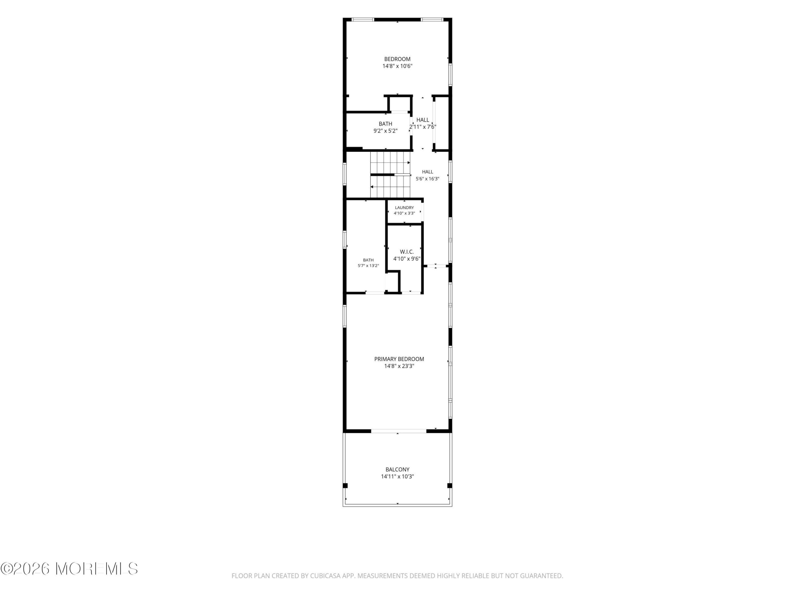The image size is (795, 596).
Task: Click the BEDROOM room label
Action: pos(397,59)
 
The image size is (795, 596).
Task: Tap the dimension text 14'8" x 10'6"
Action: pos(397,66)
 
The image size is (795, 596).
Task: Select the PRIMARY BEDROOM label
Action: pos(399,359)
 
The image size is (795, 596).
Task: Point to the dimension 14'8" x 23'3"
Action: pos(399,366)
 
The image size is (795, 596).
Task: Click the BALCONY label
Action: pos(397,470)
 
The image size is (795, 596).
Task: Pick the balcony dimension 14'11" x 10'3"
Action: pos(397,477)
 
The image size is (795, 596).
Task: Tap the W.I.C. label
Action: pos(407,252)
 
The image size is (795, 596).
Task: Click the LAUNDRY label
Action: pos(404,208)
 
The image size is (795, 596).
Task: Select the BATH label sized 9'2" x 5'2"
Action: pos(385,124)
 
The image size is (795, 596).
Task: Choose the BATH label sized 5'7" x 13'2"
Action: pos(368,260)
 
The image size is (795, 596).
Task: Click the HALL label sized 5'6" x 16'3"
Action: pos(427,172)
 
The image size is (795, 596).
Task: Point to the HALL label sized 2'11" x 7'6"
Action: pos(423,120)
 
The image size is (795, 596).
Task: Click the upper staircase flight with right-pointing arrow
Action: pos(390,162)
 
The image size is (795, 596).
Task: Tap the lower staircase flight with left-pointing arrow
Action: pos(390,187)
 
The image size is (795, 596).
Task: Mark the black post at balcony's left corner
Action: pos(345,486)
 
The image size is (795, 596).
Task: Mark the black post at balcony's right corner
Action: pos(449,486)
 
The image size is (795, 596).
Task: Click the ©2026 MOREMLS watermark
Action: pos(69,569)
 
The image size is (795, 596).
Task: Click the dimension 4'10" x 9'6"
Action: pos(407,259)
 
